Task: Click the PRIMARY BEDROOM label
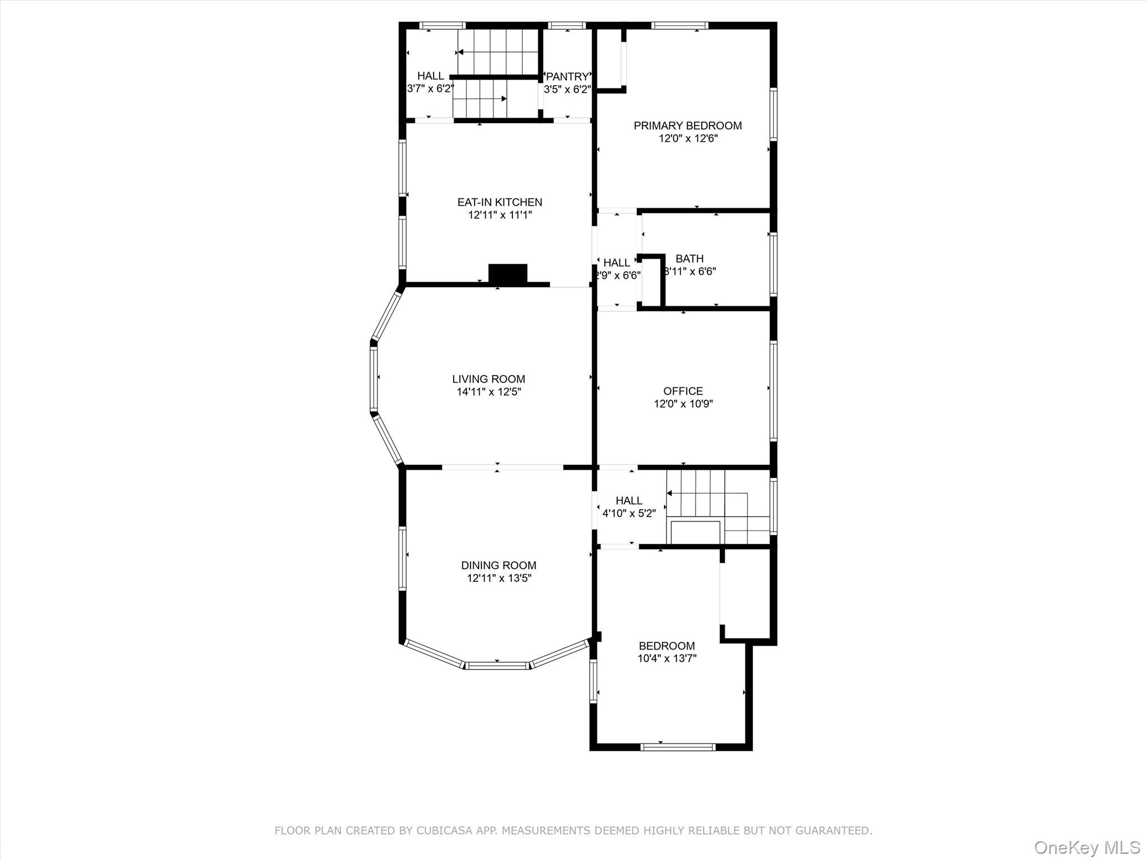coord(688,125)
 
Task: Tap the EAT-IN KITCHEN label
coord(500,202)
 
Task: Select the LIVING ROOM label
coord(488,379)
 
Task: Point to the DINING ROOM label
coord(498,565)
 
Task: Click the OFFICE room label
coord(683,391)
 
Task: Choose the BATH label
coord(689,259)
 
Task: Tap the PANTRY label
coord(567,77)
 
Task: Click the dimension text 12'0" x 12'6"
coord(688,138)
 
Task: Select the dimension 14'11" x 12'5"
coord(488,392)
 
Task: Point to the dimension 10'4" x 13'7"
coord(666,658)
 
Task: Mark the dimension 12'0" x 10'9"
coord(683,404)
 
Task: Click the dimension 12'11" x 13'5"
coord(498,578)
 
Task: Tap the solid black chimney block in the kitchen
coord(508,273)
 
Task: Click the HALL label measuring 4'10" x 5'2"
coord(629,501)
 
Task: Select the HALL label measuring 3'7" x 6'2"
coord(430,76)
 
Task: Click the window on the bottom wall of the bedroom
coord(678,746)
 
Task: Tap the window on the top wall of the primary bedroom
coord(680,25)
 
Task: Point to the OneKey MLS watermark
coord(1087,847)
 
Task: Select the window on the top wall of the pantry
coord(567,25)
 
